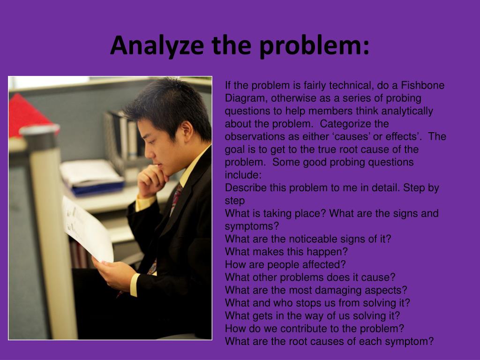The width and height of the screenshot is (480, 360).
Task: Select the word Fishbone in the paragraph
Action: (x=424, y=86)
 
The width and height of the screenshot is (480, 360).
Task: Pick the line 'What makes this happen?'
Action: (x=286, y=252)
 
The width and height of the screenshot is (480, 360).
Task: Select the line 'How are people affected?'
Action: (x=285, y=264)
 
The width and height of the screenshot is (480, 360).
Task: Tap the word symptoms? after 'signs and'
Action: (x=252, y=226)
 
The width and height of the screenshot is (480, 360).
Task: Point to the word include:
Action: (x=243, y=175)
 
